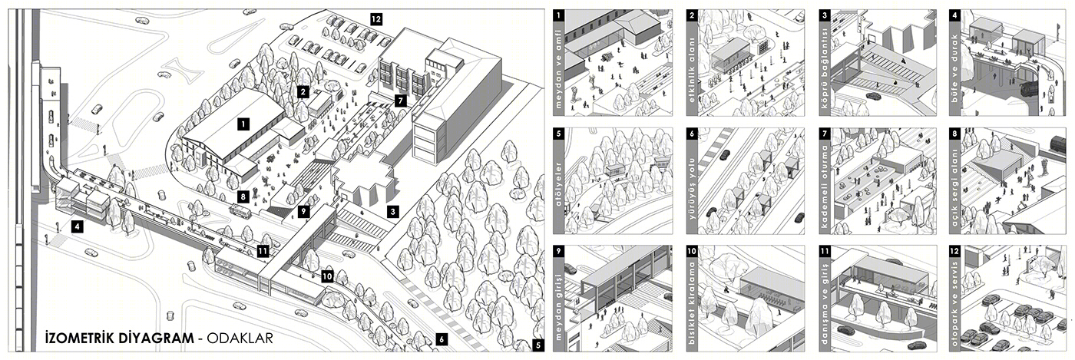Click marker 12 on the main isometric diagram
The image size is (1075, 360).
pos(375,18)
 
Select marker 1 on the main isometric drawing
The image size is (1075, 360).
pos(242,123)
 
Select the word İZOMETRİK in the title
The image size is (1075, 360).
pos(78,338)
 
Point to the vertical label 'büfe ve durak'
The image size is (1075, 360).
pos(954,74)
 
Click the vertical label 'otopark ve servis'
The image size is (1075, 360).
pos(954,307)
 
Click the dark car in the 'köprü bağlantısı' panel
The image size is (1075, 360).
pos(873,97)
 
